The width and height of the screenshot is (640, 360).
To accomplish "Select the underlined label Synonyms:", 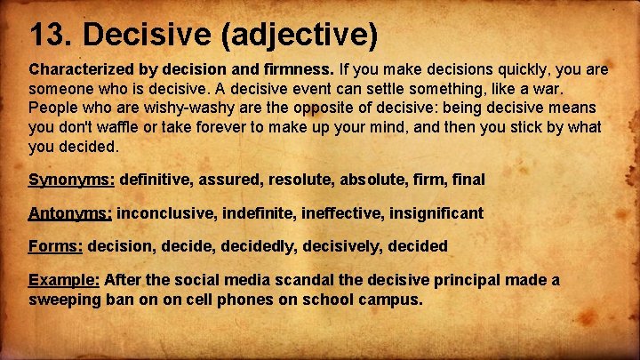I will click(71, 180).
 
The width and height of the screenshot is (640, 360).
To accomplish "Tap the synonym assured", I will click(233, 180).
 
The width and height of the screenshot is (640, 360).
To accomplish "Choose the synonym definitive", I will click(156, 180).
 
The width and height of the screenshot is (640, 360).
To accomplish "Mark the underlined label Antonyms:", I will click(70, 213).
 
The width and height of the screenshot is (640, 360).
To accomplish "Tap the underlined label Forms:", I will click(56, 246).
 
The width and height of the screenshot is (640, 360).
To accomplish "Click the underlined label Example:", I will click(64, 280).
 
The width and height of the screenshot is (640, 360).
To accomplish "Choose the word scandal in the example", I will click(299, 280).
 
